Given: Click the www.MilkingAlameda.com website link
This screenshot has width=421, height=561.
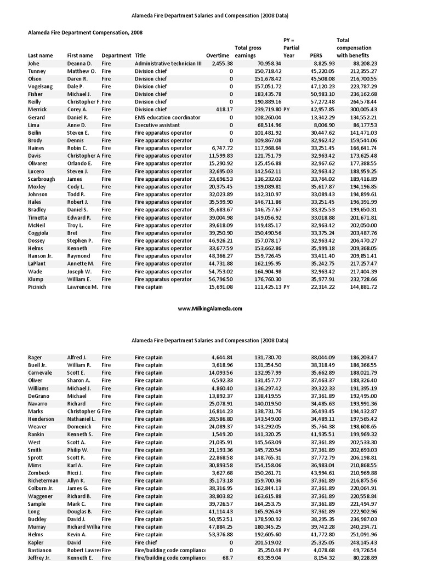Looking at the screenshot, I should point(210,308).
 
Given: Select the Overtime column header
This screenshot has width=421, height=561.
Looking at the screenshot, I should point(218,55).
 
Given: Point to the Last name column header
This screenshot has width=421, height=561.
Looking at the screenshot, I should point(40,55).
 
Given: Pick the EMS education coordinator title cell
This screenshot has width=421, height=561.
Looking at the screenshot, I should point(167,117).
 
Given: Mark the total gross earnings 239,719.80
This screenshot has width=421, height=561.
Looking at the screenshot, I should point(265,110).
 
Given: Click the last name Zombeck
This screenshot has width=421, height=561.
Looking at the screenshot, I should point(39,473).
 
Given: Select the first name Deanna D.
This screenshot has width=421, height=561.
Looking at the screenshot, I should point(79,64).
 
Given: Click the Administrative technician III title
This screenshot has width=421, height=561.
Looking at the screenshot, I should point(168,64).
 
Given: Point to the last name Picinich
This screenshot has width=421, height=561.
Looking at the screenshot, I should point(37,287).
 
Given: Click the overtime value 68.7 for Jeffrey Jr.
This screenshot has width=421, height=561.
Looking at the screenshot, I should point(226,558).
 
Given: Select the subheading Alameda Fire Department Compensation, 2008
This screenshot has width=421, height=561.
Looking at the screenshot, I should point(85,32).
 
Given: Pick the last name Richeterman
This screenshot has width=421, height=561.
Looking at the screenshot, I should point(43,480).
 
